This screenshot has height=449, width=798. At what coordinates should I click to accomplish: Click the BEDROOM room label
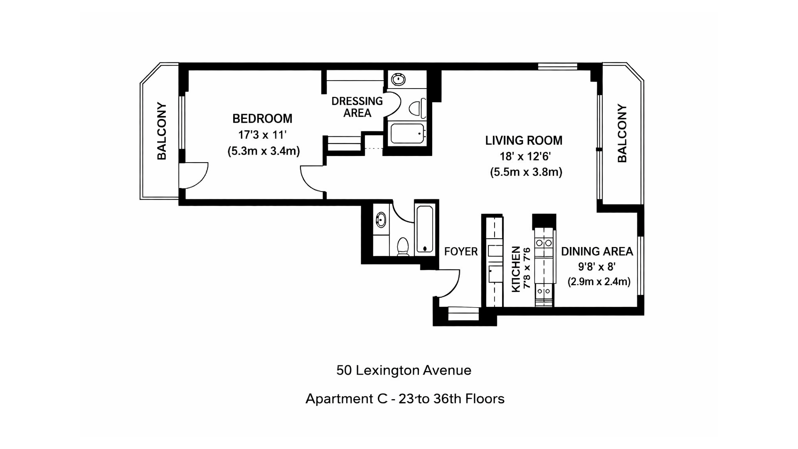(262, 119)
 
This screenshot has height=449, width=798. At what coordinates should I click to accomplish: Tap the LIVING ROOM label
(524, 141)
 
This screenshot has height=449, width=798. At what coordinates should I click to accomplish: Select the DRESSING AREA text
(357, 107)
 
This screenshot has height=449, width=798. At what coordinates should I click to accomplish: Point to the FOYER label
(461, 252)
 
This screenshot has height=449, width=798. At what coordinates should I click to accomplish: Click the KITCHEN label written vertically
(516, 269)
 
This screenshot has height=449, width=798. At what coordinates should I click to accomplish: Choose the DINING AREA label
(597, 252)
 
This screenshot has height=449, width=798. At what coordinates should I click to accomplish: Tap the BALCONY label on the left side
(162, 131)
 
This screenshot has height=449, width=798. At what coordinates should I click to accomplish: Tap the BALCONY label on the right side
(622, 133)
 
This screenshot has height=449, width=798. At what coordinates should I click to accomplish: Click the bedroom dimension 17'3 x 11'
(262, 135)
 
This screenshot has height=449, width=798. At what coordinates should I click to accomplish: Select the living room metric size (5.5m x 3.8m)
(526, 172)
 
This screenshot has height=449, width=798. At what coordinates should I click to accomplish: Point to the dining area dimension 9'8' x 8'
(597, 266)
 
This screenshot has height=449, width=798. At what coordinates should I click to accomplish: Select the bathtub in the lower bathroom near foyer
(425, 229)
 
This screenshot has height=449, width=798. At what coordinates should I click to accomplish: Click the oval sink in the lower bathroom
(381, 219)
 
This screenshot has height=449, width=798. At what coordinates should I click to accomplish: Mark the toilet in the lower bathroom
(403, 246)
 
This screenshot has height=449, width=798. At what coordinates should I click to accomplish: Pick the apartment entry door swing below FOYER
(448, 284)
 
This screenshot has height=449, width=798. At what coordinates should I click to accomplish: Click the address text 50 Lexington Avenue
(404, 370)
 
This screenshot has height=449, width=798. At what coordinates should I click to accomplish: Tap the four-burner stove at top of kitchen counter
(544, 242)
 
